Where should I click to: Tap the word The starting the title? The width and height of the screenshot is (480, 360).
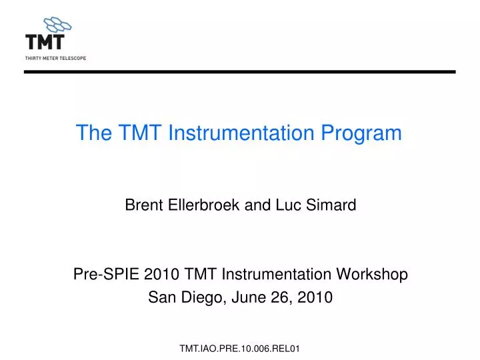93,133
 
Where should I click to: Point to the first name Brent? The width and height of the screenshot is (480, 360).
143,206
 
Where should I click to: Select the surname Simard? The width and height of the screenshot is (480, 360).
331,206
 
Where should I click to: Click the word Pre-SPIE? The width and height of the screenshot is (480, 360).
98,274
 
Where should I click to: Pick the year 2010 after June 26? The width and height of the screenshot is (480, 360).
317,298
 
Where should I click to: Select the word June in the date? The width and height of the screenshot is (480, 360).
247,298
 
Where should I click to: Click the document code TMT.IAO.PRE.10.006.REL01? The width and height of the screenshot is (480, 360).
240,349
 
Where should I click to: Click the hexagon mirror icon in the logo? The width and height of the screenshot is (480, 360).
57,25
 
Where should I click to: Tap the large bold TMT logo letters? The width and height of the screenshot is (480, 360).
45,42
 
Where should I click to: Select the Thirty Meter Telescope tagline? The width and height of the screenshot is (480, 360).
56,58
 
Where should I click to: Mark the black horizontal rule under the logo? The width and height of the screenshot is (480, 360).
240,71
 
